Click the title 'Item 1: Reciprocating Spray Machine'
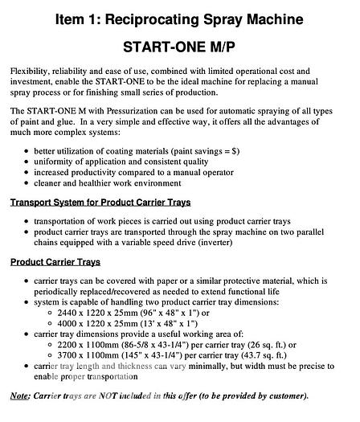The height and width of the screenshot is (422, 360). (x=179, y=17)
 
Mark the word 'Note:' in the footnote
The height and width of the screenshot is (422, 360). (x=20, y=395)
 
